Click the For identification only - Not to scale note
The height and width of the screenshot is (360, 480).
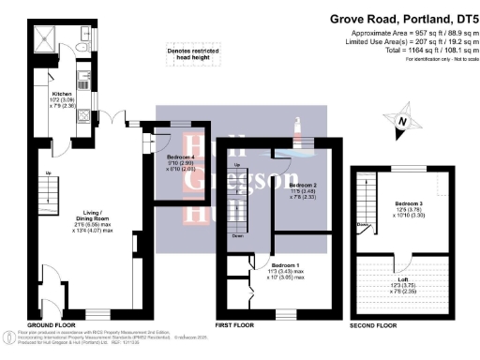(437, 58)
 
